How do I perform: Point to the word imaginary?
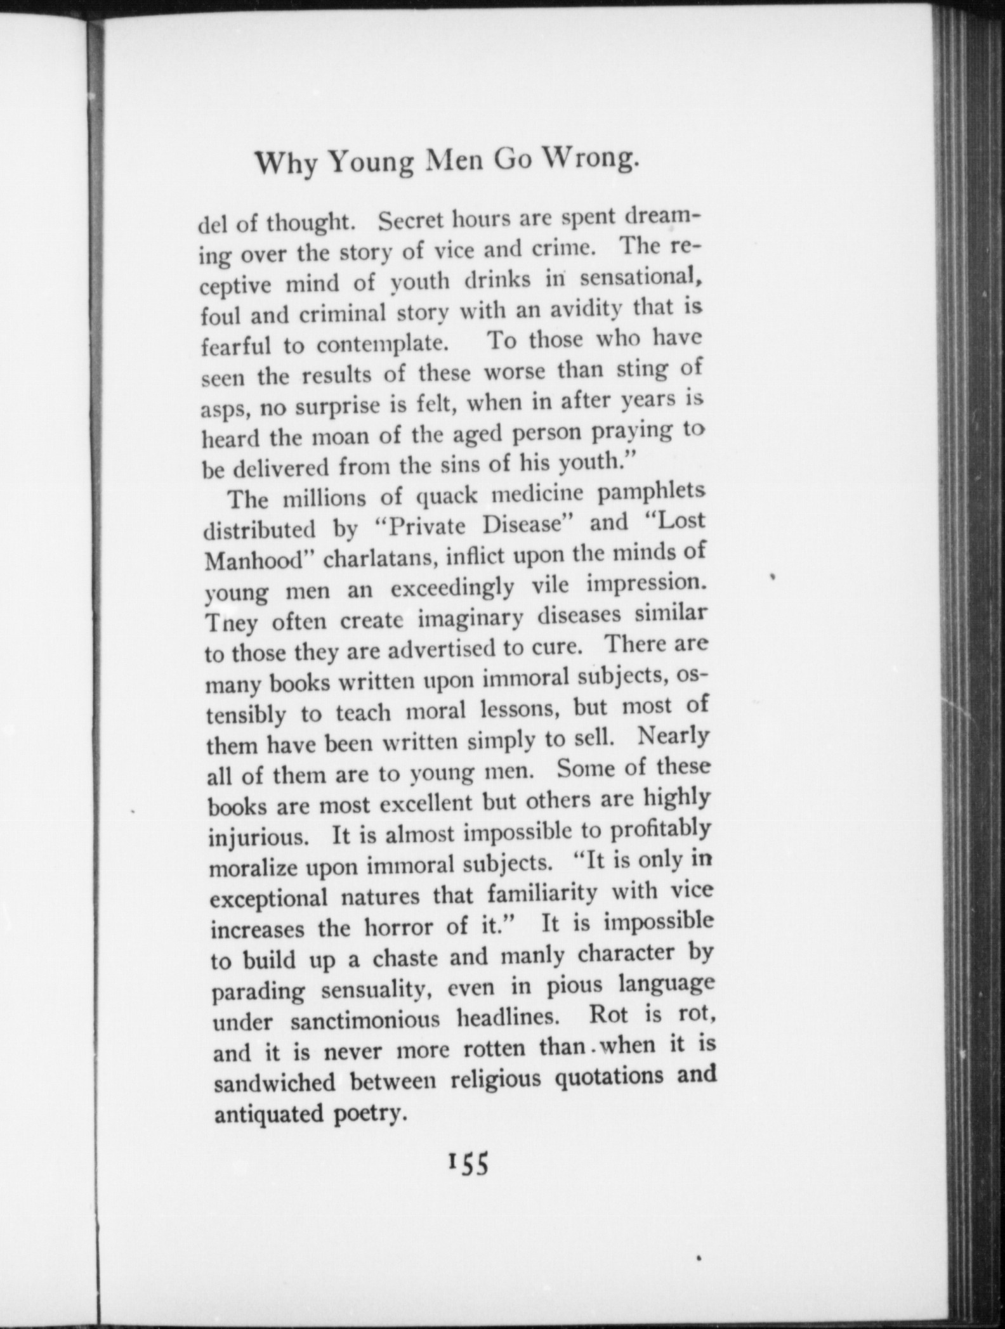point(470,618)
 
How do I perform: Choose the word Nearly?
point(673,736)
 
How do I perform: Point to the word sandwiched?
point(274,1082)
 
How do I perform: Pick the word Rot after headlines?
point(609,1015)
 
